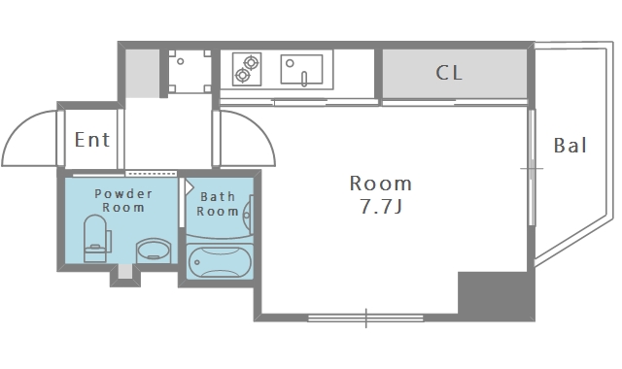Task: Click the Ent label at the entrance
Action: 92,140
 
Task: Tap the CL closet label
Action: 449,73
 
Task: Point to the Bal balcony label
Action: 570,146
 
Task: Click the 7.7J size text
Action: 381,206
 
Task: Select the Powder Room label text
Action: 123,201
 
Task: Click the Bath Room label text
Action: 218,204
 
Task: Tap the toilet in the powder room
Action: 96,239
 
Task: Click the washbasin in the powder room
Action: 154,251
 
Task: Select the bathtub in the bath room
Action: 220,261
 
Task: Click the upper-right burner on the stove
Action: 251,62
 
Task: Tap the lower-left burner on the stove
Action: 242,75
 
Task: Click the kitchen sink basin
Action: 301,69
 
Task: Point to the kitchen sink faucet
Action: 304,79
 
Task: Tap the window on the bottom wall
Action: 365,318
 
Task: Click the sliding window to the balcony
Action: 532,168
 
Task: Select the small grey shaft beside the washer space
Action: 143,74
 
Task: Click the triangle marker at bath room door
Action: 190,186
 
